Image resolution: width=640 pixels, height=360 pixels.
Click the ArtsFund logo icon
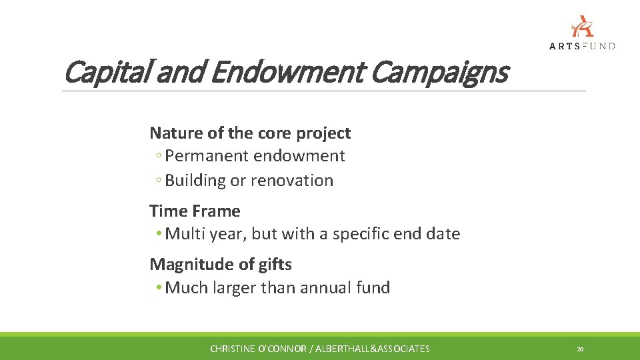point(582,26)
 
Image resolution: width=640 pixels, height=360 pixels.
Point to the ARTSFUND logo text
point(582,46)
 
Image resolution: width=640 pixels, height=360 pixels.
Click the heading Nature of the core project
point(250,133)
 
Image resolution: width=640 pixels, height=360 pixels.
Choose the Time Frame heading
point(195,211)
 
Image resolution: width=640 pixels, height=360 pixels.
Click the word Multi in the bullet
point(183,234)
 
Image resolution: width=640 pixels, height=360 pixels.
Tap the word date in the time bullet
point(443,234)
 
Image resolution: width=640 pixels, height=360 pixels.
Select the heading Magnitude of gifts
point(221,264)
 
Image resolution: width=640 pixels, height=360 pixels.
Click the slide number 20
point(580,349)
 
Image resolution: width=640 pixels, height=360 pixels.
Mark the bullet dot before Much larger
point(159,288)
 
